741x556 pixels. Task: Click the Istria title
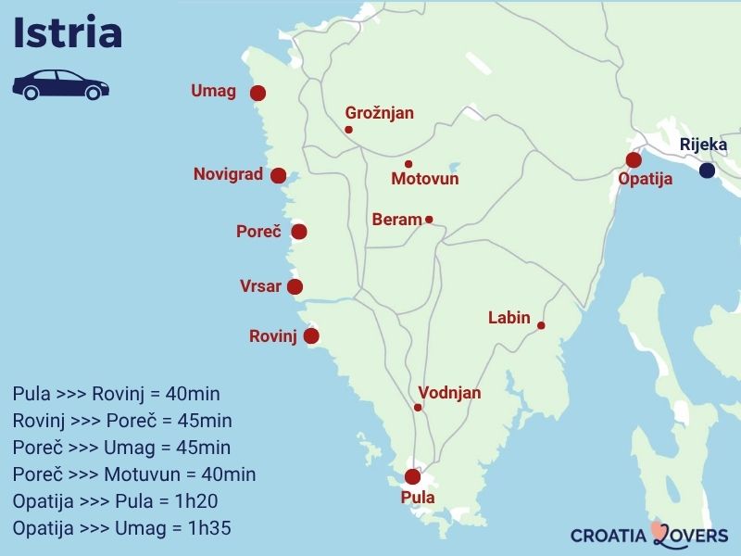[68, 33]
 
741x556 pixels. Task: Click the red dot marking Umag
[257, 93]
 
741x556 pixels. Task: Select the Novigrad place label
[228, 174]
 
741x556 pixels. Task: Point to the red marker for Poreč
[298, 232]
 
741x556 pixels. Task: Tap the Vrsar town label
[260, 286]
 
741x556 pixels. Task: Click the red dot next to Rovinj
[311, 336]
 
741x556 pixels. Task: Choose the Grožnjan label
[379, 113]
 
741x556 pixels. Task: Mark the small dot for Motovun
[408, 164]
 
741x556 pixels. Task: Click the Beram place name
[396, 220]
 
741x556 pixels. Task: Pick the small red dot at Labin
[541, 325]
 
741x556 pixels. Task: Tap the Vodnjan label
[449, 393]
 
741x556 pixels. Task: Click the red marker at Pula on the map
[413, 477]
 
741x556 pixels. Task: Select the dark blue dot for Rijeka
[707, 171]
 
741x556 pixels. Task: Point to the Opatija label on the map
[645, 180]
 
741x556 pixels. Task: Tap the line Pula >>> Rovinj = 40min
[117, 394]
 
